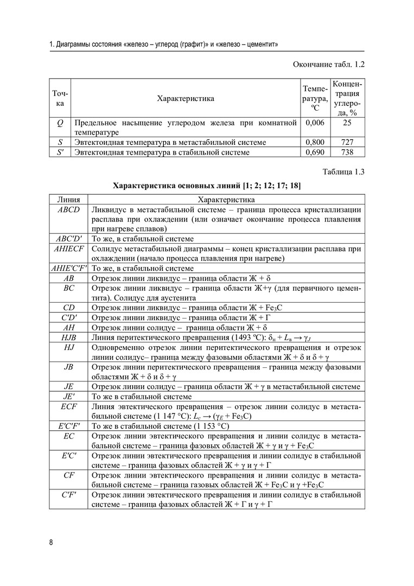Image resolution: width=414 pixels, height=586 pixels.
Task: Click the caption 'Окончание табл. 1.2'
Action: point(328,65)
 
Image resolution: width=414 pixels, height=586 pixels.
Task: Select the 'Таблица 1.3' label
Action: point(343,173)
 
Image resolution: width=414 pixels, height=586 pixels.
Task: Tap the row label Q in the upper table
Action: point(60,123)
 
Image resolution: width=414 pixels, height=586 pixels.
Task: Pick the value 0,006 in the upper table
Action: point(315,123)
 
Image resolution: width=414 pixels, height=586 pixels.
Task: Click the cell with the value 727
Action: point(347,142)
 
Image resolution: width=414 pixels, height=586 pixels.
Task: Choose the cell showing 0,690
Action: point(315,152)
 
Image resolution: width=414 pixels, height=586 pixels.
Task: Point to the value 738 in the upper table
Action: point(347,152)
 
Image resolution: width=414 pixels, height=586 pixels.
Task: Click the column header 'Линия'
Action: point(68,200)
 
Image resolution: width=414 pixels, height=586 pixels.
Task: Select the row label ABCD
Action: point(68,210)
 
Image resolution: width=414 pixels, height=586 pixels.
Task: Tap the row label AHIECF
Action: point(68,249)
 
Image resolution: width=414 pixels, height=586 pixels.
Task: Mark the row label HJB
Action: point(68,337)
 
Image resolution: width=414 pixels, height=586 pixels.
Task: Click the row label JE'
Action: point(68,396)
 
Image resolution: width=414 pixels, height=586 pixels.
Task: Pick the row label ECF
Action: point(68,406)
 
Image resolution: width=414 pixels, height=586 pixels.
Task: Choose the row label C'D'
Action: point(68,317)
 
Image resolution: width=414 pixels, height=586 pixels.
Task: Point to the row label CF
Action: point(68,475)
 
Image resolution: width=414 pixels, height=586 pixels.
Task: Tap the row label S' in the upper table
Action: point(60,152)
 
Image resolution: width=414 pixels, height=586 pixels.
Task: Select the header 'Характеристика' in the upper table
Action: point(185,98)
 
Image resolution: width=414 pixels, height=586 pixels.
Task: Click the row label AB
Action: point(68,278)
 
